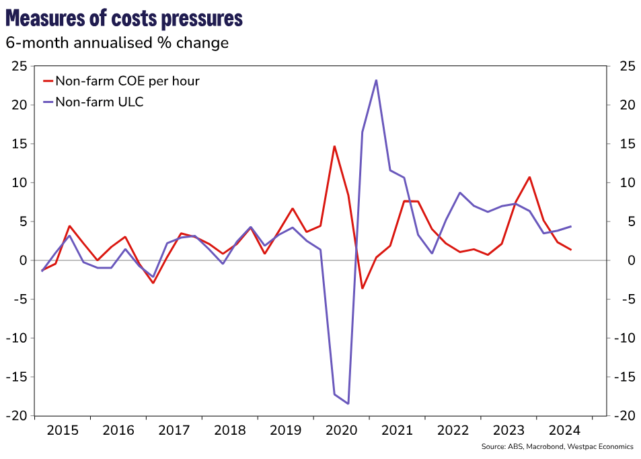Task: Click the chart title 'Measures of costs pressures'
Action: point(124,18)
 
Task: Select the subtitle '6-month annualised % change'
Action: point(117,43)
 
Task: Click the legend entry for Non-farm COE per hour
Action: point(128,81)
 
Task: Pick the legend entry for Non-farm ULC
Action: point(100,102)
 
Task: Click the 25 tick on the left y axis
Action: point(20,66)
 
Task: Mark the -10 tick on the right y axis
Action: point(623,338)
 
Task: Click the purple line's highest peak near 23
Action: point(376,80)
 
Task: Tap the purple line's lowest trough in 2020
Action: point(348,404)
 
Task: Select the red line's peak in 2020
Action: point(334,146)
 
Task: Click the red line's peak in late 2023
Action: point(530,177)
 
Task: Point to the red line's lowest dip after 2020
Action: point(362,288)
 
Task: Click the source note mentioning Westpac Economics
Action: point(558,446)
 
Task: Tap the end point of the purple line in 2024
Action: point(571,226)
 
